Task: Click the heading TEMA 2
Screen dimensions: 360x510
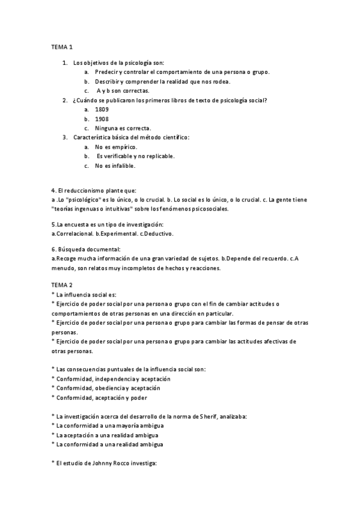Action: (x=62, y=284)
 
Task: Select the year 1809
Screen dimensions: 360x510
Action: (x=102, y=109)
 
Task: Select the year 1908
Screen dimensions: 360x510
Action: (x=102, y=118)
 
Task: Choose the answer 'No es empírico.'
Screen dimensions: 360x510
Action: (x=116, y=147)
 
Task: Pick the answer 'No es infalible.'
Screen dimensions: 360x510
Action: (x=115, y=165)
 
